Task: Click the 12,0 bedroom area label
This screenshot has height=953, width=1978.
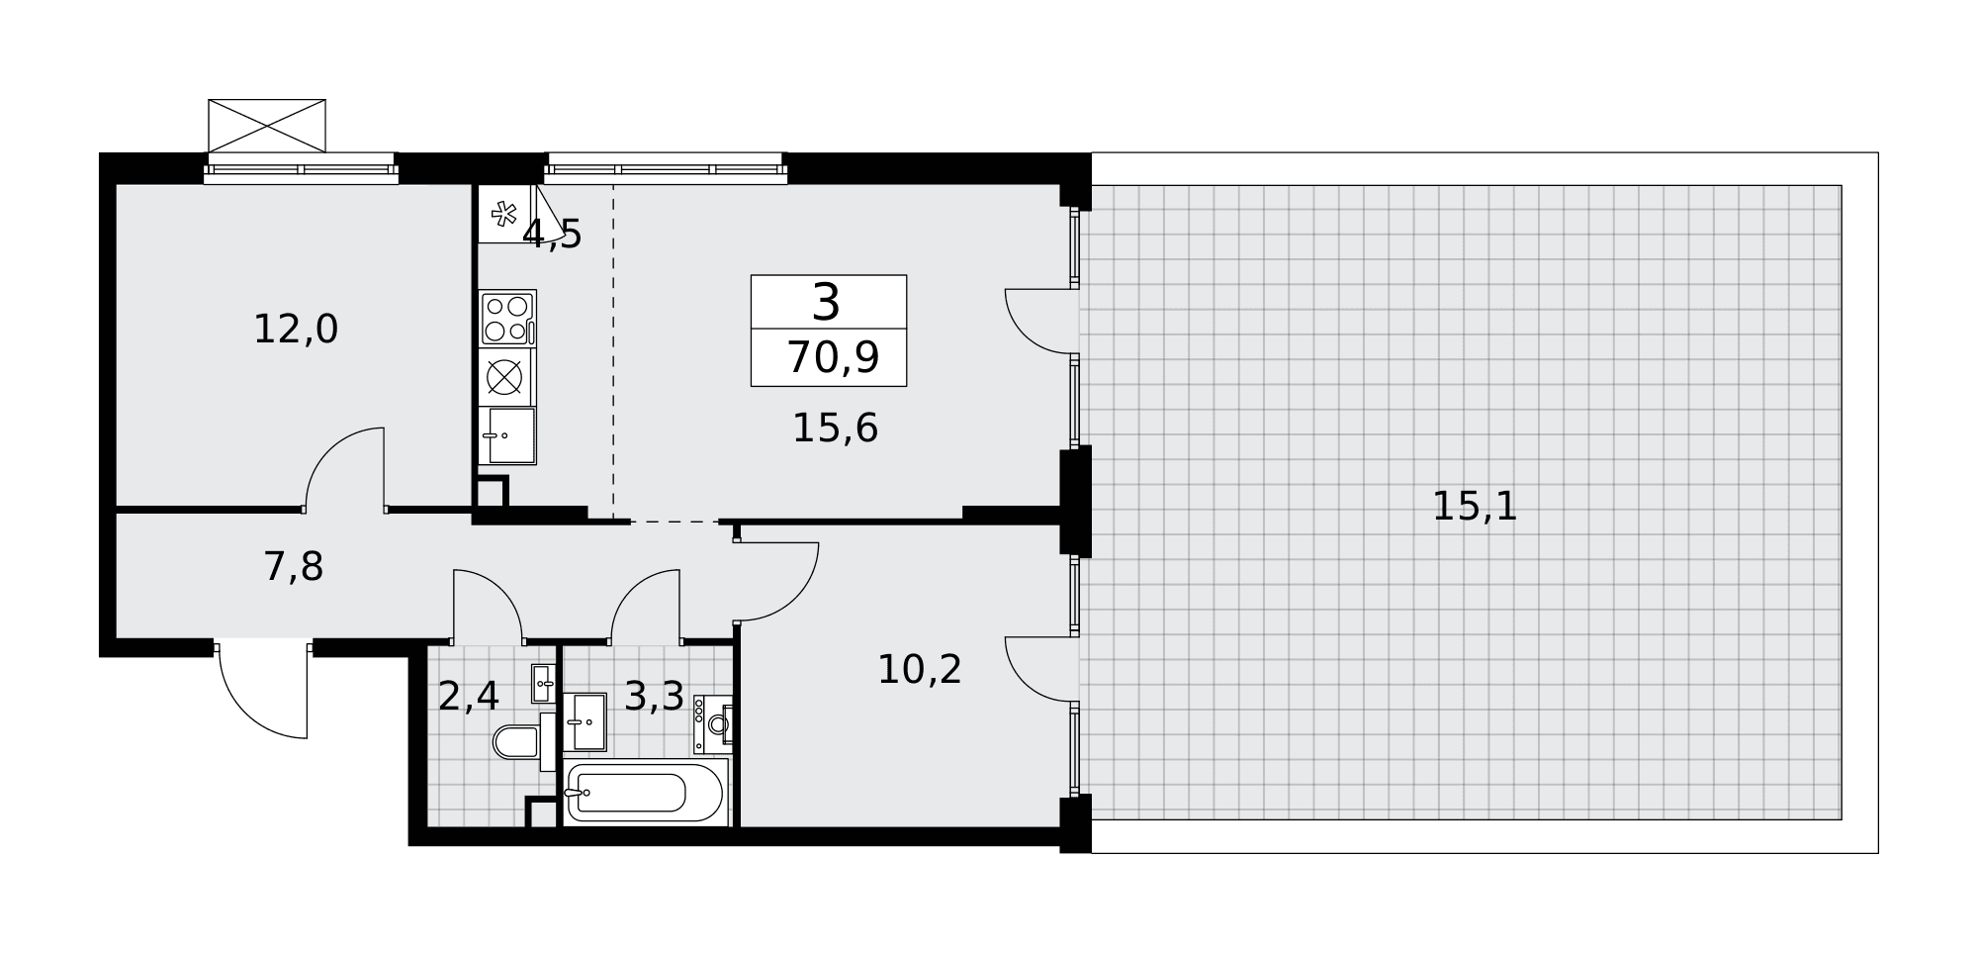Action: (296, 330)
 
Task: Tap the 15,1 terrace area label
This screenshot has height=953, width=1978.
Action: (1475, 507)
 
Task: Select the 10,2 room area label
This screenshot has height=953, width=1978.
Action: (920, 670)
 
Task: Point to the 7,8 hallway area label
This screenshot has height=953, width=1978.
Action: (294, 567)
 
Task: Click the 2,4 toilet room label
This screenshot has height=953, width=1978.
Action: (469, 697)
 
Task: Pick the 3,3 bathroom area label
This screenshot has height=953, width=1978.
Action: (655, 697)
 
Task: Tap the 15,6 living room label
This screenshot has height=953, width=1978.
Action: (836, 429)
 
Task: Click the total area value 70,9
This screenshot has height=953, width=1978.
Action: (833, 357)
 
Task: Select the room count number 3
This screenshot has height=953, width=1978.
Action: (826, 302)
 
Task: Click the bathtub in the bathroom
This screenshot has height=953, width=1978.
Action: (646, 792)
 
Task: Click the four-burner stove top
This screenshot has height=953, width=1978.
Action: (507, 319)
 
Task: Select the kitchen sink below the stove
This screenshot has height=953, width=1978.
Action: (507, 435)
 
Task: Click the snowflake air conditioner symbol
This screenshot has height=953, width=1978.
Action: (504, 214)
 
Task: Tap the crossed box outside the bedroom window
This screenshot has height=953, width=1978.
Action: (267, 126)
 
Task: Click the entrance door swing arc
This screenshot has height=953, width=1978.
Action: (247, 709)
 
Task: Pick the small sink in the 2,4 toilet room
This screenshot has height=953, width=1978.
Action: (543, 684)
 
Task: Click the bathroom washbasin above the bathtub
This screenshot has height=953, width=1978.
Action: (584, 722)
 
